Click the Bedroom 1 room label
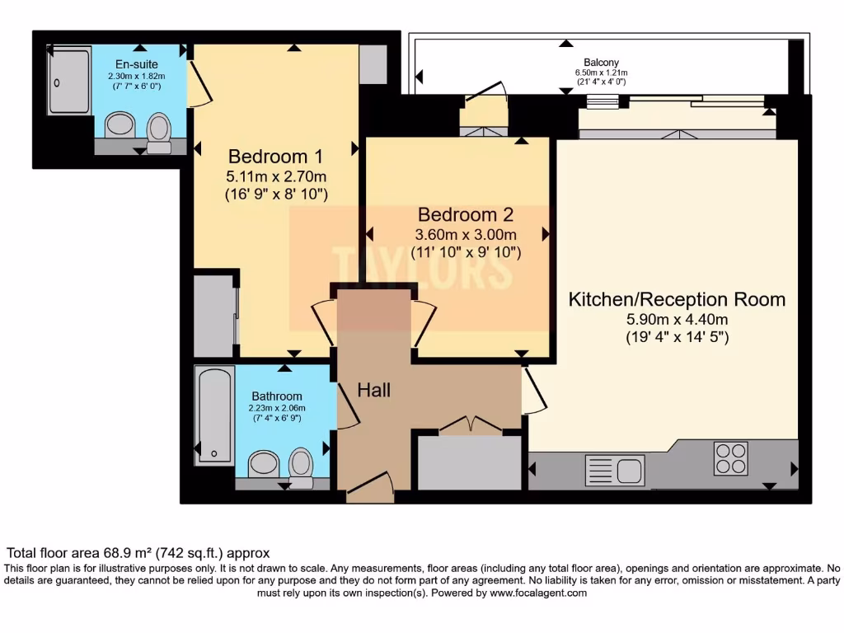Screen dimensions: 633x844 click(x=275, y=156)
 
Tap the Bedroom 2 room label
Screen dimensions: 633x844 click(x=465, y=214)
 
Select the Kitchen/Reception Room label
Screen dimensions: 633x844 click(x=677, y=299)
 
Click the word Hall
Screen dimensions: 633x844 click(x=373, y=390)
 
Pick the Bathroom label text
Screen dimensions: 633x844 click(x=277, y=396)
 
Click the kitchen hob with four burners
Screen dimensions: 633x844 click(x=730, y=459)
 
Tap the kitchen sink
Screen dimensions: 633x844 click(x=613, y=470)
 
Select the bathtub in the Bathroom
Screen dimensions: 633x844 click(x=214, y=416)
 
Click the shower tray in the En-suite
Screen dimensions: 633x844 click(x=69, y=80)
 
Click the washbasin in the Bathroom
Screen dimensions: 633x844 click(x=264, y=463)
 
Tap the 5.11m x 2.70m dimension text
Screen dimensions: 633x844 click(x=276, y=176)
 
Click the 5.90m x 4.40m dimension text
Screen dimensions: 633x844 click(x=677, y=320)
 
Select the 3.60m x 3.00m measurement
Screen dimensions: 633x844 click(x=465, y=234)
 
